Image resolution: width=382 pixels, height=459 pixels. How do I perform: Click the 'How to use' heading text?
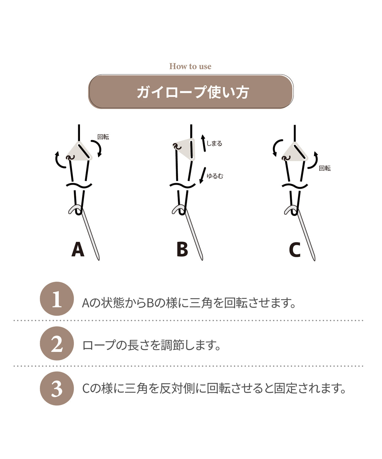tap(190, 66)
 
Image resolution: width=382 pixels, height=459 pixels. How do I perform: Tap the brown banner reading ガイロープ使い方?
tap(191, 92)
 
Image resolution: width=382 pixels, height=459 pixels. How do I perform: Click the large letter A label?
tap(78, 249)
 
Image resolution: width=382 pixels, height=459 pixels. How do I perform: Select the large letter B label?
tap(182, 249)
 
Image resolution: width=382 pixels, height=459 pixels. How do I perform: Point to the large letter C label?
tap(295, 250)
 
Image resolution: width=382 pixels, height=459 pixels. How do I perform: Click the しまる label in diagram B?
tap(214, 144)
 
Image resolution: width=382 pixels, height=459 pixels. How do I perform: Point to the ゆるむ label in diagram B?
tap(215, 176)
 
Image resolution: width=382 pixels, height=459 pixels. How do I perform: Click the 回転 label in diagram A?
tap(103, 137)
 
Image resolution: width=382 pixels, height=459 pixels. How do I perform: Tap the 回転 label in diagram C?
tap(325, 168)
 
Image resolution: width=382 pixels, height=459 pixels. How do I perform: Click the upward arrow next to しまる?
tap(203, 143)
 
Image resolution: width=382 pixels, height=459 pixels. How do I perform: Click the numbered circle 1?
tap(57, 299)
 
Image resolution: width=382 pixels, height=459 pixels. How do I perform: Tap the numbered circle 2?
tap(57, 343)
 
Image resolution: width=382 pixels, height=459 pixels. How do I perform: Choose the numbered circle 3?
tap(57, 388)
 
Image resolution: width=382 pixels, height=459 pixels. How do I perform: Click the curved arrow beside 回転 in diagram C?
tap(314, 160)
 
